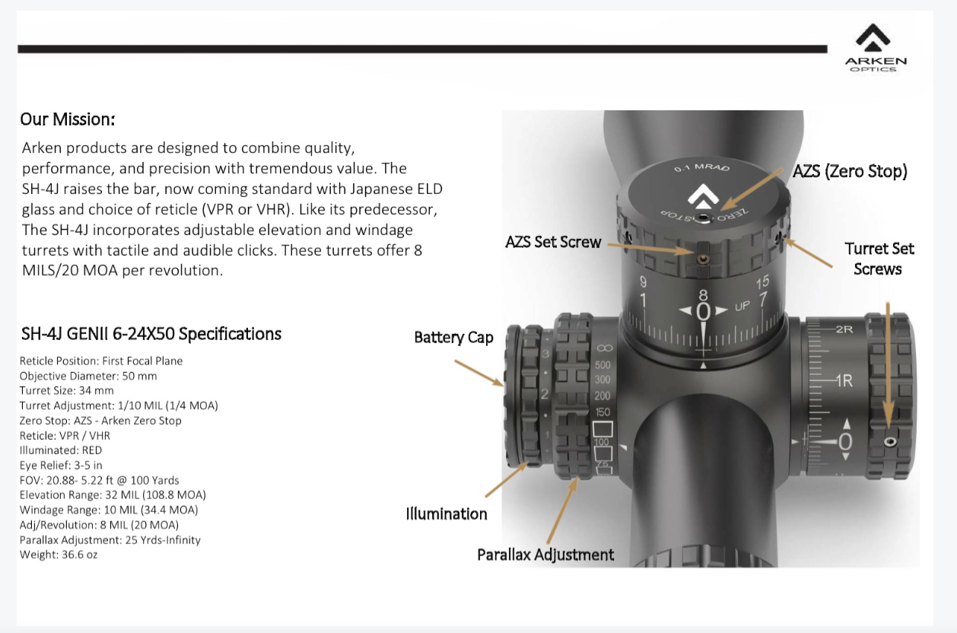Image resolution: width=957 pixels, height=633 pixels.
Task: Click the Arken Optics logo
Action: tap(876, 47)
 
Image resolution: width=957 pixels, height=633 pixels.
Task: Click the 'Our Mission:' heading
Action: tap(68, 119)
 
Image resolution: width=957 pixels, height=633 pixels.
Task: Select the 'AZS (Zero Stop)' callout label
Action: tap(850, 171)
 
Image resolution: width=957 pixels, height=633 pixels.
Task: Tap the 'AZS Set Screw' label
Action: tap(553, 242)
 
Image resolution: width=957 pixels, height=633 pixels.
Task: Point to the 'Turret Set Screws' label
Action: tap(879, 259)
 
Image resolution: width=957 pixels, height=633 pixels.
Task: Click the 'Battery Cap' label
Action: tap(453, 337)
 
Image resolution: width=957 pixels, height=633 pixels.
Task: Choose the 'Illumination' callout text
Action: tap(447, 514)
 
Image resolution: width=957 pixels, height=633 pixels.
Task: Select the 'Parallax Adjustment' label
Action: tap(545, 554)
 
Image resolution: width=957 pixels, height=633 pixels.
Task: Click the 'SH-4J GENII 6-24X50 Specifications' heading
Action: tap(151, 333)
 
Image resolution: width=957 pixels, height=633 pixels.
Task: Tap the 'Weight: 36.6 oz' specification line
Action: tap(59, 555)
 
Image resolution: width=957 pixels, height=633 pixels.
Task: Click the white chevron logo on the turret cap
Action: tap(703, 197)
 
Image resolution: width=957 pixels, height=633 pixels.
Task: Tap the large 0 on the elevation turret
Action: tap(703, 312)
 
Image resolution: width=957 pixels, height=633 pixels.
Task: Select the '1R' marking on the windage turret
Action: tap(844, 380)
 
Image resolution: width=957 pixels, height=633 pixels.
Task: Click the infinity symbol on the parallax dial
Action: tap(602, 346)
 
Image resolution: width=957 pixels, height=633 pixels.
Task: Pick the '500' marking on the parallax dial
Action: tap(602, 365)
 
